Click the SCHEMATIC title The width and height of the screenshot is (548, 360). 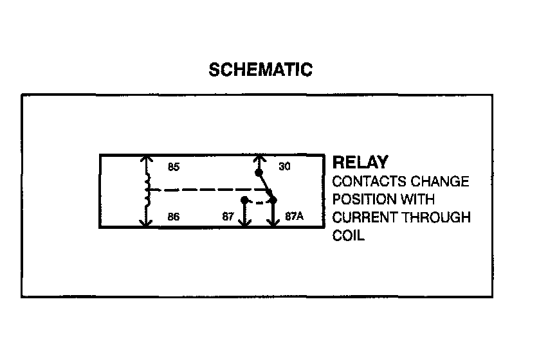coord(260,70)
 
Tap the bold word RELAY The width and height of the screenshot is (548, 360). coord(360,163)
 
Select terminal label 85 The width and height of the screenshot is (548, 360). coord(173,167)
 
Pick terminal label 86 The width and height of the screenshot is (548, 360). coord(173,217)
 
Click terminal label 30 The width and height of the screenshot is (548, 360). coord(284,167)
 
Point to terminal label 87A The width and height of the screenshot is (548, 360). coord(294,217)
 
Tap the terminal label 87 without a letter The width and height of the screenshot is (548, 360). coord(228,217)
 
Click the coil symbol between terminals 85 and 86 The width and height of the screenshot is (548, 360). coord(148,191)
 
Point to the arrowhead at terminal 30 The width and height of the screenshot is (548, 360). coord(259,157)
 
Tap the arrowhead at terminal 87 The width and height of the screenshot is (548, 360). coord(244,224)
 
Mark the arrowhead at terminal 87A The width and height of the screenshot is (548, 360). coord(273,224)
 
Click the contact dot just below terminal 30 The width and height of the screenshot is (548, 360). coord(259,173)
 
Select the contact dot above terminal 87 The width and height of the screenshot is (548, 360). coord(244,200)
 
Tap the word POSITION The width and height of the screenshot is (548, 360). coord(360,199)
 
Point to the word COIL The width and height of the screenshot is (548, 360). coord(348,235)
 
